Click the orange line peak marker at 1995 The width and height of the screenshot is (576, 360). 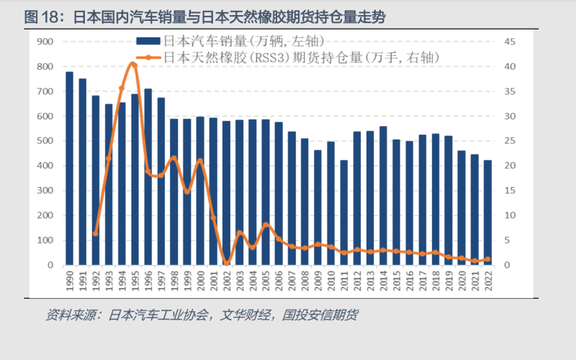(134, 65)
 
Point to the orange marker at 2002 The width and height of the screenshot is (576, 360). (226, 264)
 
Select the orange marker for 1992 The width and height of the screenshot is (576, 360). (96, 233)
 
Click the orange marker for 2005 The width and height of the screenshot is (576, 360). (266, 225)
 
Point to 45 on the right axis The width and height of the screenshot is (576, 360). (509, 42)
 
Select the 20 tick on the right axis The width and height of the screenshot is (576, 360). (509, 166)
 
